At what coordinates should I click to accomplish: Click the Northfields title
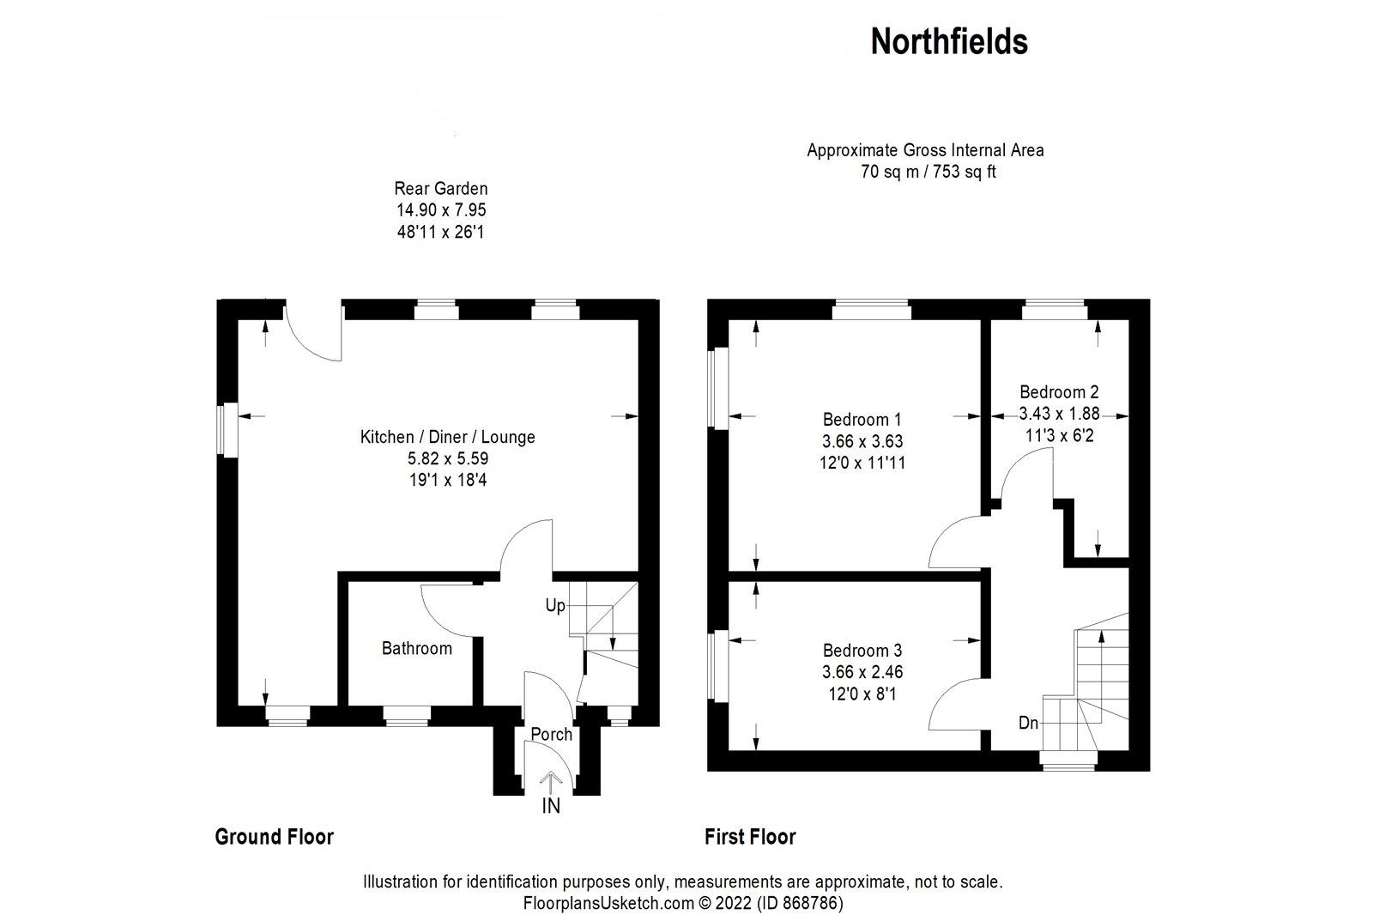pyautogui.click(x=949, y=41)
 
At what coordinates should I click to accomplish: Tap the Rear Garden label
pyautogui.click(x=440, y=189)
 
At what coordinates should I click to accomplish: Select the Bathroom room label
pyautogui.click(x=416, y=648)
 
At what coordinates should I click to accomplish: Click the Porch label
pyautogui.click(x=551, y=734)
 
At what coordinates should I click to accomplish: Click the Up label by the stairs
pyautogui.click(x=555, y=606)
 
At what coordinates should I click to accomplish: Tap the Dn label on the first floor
pyautogui.click(x=1028, y=724)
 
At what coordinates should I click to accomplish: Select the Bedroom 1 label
pyautogui.click(x=862, y=420)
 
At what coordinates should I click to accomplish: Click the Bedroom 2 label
pyautogui.click(x=1059, y=391)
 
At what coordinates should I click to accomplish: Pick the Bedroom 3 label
pyautogui.click(x=862, y=651)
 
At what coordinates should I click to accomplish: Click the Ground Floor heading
pyautogui.click(x=274, y=837)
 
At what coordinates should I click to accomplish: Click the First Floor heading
pyautogui.click(x=750, y=837)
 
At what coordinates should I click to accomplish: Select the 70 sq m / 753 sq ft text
pyautogui.click(x=928, y=172)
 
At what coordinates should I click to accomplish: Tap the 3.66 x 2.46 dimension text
pyautogui.click(x=862, y=672)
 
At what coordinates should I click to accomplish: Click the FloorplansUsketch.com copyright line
pyautogui.click(x=683, y=903)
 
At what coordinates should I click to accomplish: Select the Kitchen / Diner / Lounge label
pyautogui.click(x=447, y=437)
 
